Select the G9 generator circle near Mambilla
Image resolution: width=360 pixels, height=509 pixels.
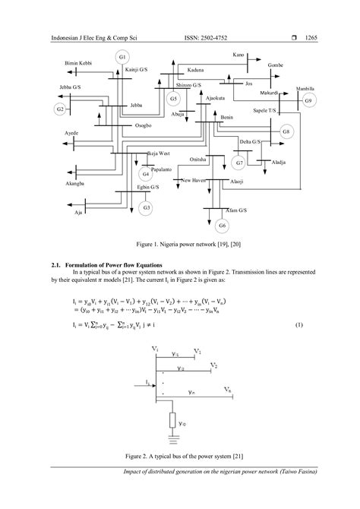[x=308, y=101]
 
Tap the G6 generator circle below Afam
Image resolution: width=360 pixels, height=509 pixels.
[x=223, y=226]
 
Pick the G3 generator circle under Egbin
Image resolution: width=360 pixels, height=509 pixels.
[x=147, y=207]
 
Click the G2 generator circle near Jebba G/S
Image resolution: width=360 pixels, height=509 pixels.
[x=60, y=109]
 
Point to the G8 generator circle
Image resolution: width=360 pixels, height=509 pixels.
[x=286, y=132]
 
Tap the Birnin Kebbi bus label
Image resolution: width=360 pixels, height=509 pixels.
[x=77, y=62]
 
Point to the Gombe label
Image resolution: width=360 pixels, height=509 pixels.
[x=275, y=65]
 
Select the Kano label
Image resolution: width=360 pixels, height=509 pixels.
[x=238, y=55]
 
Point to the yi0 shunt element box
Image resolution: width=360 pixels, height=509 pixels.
[x=172, y=418]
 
